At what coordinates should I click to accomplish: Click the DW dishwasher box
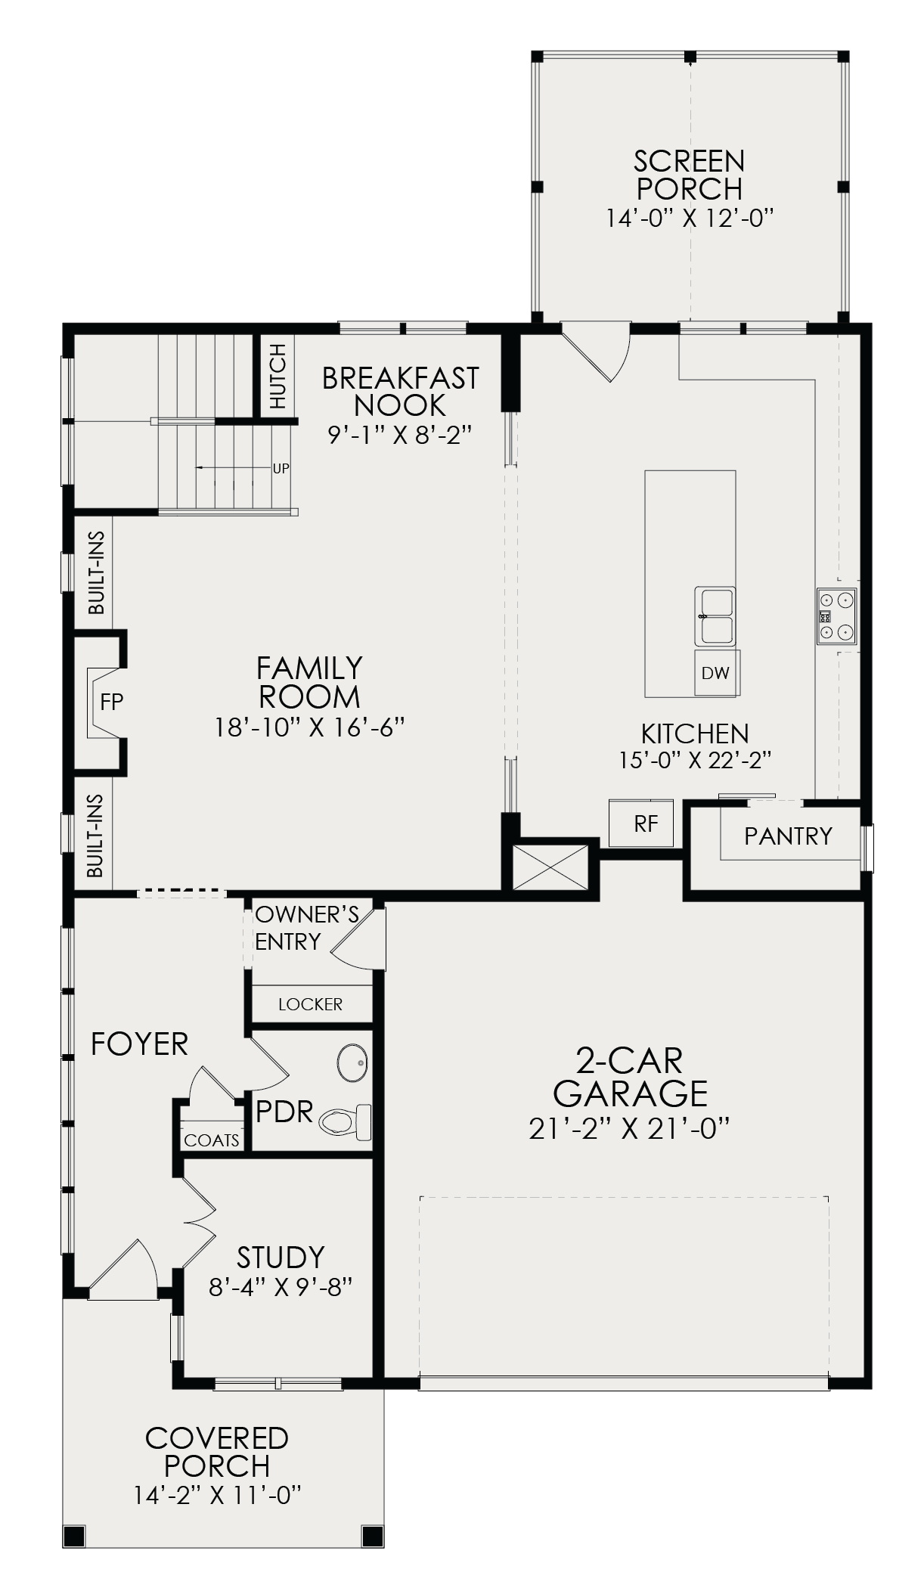point(717,672)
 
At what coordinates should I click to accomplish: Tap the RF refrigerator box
point(641,823)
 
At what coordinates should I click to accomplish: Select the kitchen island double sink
point(715,616)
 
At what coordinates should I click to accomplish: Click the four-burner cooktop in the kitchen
point(836,616)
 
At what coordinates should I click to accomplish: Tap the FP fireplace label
point(112,702)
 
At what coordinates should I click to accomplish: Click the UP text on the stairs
point(281,468)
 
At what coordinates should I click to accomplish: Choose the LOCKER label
point(311,1004)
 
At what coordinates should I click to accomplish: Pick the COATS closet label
point(212,1140)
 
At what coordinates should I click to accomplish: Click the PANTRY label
point(788,836)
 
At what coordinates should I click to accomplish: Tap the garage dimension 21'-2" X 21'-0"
point(630,1128)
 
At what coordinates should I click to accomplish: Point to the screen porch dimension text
point(690,219)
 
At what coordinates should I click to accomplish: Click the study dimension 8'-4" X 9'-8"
point(281,1286)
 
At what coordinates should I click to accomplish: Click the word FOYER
point(140,1044)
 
